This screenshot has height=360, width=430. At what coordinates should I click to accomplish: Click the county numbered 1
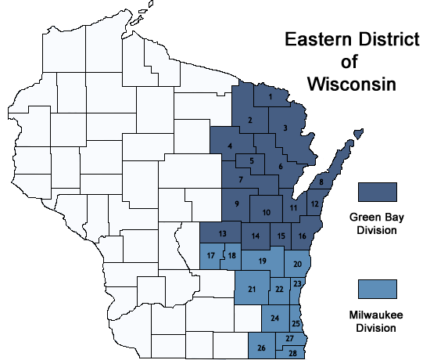coord(270,97)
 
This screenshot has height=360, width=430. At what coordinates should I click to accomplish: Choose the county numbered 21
coord(252,290)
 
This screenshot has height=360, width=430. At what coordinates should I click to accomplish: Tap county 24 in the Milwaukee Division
coord(274,318)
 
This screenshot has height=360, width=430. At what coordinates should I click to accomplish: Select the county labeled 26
coord(261,347)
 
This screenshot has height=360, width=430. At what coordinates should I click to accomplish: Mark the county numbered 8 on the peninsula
coord(321,182)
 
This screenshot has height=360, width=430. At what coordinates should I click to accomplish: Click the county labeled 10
coord(267,212)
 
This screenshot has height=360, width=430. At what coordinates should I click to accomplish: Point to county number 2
coord(250,120)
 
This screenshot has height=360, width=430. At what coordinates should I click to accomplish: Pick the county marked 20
coord(297,265)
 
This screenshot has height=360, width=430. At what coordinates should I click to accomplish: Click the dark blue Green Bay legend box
coord(378,192)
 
